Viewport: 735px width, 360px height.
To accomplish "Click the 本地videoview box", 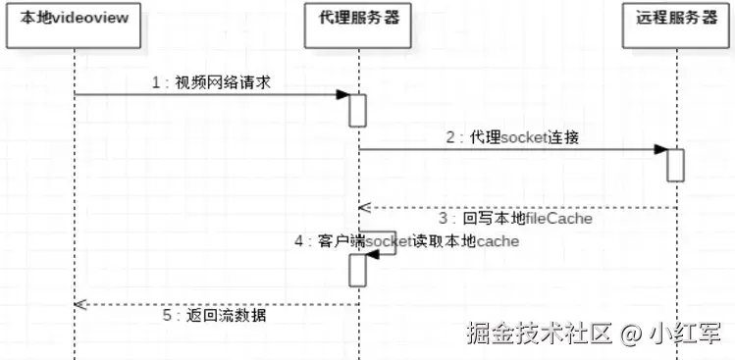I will pyautogui.click(x=75, y=21).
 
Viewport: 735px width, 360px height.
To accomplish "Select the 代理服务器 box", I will pyautogui.click(x=359, y=21).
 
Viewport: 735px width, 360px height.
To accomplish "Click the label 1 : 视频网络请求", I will pyautogui.click(x=211, y=83).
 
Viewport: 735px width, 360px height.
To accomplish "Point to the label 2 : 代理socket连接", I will pyautogui.click(x=511, y=138).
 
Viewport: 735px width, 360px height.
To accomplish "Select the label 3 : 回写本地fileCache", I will pyautogui.click(x=515, y=218).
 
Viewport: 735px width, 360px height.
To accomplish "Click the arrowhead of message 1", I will pyautogui.click(x=343, y=95).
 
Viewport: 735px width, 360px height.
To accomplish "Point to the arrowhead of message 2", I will pyautogui.click(x=661, y=150).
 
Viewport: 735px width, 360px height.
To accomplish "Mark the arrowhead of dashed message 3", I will pyautogui.click(x=363, y=207).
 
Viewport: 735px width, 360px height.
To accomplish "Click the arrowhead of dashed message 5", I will pyautogui.click(x=80, y=304).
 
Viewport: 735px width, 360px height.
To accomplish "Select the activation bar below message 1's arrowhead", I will pyautogui.click(x=358, y=110).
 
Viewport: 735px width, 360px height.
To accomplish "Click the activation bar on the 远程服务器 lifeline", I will pyautogui.click(x=675, y=165).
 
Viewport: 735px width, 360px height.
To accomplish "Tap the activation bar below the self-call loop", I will pyautogui.click(x=358, y=271).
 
